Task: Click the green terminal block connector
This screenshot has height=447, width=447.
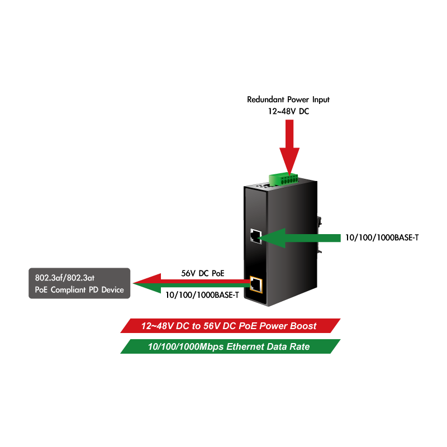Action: (x=284, y=178)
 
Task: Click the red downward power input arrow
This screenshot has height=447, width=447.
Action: (x=289, y=145)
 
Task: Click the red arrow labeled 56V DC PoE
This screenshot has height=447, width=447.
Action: (x=190, y=279)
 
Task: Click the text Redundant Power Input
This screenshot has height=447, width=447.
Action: (x=288, y=99)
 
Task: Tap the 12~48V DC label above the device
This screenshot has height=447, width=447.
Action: (x=288, y=112)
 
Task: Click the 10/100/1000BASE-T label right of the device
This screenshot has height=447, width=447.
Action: (x=382, y=238)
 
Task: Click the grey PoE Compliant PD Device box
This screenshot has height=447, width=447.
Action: (x=79, y=283)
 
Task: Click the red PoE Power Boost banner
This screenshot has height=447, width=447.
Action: (x=230, y=326)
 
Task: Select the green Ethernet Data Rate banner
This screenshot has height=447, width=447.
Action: (x=230, y=347)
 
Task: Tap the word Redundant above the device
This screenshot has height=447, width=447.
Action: (x=265, y=99)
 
